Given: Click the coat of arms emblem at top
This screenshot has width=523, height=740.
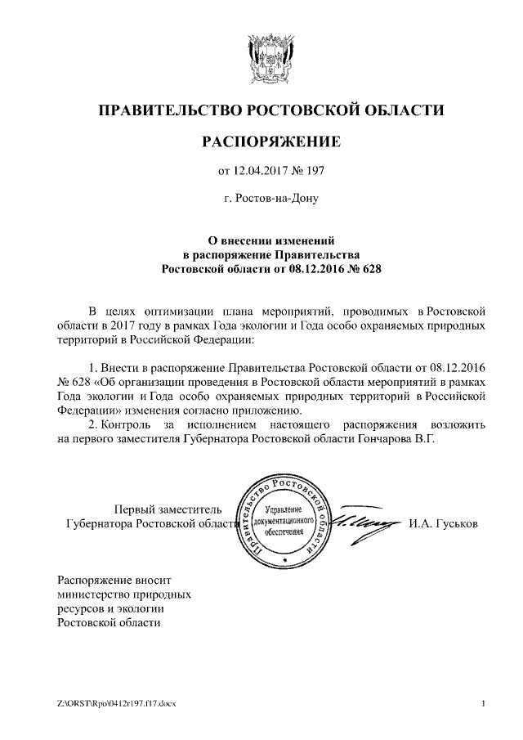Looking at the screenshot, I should [x=270, y=57].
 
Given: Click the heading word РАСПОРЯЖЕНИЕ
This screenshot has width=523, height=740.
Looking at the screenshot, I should [x=270, y=143].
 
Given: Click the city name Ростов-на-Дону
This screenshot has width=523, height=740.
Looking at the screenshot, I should [x=270, y=199].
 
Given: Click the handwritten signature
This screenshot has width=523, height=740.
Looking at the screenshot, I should [x=365, y=522].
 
